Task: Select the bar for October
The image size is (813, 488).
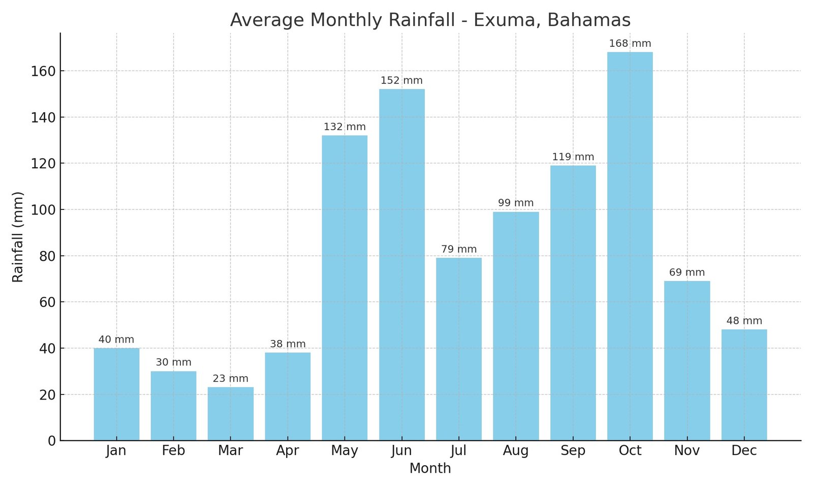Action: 630,247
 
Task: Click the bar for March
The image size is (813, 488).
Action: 231,414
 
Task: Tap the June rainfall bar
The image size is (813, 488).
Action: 402,265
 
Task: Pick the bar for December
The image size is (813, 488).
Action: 744,385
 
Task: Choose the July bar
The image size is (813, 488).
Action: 459,349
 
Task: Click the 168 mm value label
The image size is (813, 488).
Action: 630,44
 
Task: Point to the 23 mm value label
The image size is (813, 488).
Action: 231,379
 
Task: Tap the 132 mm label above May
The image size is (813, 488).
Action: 345,127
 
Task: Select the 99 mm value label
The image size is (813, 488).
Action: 516,203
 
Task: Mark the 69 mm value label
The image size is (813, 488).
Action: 687,272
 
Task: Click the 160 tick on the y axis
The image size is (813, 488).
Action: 43,71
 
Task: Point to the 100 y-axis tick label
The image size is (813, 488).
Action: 43,210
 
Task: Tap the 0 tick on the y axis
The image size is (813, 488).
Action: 52,441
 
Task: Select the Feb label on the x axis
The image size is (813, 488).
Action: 173,451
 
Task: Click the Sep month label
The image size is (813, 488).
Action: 573,451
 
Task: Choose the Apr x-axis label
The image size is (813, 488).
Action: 288,451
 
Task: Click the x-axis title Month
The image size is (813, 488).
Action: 430,468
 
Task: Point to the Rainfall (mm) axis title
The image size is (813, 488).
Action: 18,237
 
